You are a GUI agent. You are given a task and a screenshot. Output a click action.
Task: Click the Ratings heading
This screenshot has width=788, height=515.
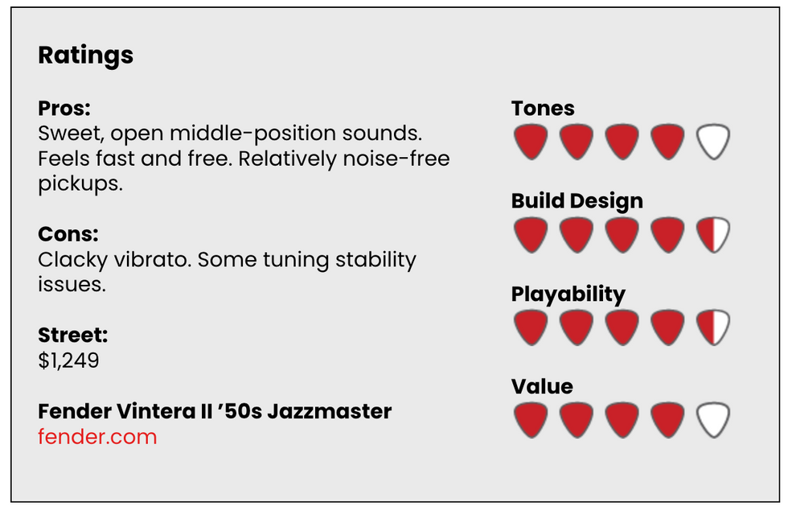pos(85,56)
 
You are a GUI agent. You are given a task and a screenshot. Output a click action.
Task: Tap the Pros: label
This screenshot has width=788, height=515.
pos(64,108)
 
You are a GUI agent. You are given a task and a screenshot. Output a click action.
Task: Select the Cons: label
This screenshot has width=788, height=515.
pos(68,234)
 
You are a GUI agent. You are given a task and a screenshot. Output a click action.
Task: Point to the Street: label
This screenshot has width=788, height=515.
pos(73,335)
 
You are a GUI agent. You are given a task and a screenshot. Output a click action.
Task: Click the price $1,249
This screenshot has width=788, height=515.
pos(69,360)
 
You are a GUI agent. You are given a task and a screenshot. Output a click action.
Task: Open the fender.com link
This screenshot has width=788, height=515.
pos(97,436)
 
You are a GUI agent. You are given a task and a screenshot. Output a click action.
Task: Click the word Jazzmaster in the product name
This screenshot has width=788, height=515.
pos(329,411)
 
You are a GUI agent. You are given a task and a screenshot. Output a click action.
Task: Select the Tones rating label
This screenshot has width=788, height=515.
pos(543,109)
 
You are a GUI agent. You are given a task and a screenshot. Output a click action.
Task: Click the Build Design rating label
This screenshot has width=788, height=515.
pos(577,201)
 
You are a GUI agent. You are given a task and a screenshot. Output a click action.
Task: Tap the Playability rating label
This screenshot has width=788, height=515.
pos(568,295)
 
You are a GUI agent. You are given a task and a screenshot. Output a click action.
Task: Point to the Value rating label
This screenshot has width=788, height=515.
pos(542,387)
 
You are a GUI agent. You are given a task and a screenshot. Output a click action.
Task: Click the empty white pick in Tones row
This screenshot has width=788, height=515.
pos(713,142)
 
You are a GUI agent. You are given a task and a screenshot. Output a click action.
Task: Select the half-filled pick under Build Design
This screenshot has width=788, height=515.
pos(713,235)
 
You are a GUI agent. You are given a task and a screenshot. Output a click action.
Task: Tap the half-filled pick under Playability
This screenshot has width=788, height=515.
pos(713,328)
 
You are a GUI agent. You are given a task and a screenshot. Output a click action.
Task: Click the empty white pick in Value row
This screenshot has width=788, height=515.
pos(713,420)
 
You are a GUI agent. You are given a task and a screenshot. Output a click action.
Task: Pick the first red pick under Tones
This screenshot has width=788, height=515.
pos(531,142)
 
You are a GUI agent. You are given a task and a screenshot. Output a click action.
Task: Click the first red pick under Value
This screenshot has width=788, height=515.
pos(531,420)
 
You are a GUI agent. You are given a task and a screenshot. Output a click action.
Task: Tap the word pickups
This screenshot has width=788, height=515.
pos(80,184)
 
